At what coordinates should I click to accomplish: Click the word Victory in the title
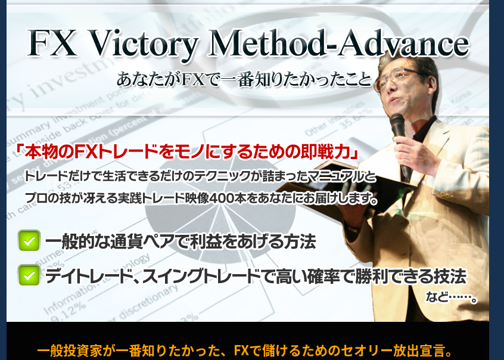coord(142,44)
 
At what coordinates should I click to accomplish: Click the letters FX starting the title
coord(52,43)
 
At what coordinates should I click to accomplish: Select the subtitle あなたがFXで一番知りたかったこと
coord(244,79)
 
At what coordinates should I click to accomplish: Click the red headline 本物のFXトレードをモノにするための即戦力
coord(188,152)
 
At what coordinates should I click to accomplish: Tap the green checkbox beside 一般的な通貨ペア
coord(29,241)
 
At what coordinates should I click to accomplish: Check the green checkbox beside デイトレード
coord(29,275)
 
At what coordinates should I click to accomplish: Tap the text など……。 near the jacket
coord(451,297)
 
